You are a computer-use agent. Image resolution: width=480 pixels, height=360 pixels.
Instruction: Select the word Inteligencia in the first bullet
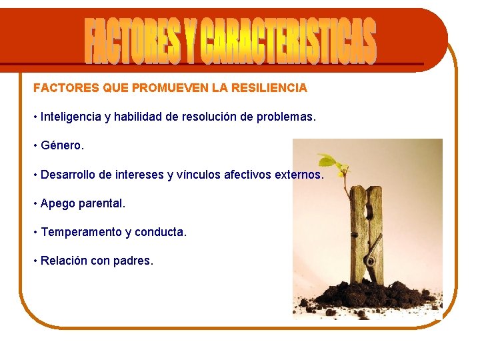point(70,117)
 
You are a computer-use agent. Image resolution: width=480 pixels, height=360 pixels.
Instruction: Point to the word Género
point(63,145)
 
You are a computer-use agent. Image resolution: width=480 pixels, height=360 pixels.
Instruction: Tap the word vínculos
point(199,175)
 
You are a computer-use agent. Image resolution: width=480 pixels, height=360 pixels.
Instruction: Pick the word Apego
point(56,203)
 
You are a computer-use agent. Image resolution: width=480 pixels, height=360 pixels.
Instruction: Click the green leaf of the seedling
point(329,162)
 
